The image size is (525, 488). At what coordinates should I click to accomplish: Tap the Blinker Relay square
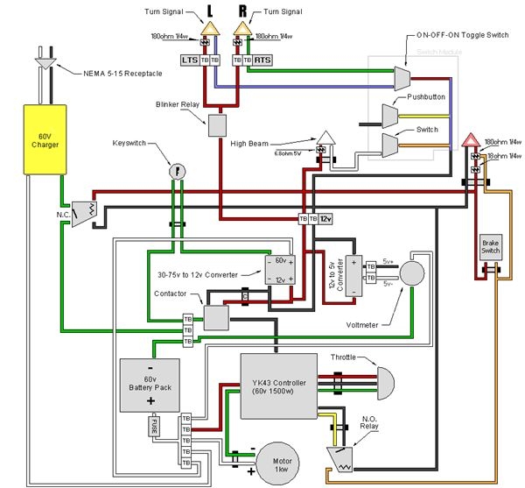216,125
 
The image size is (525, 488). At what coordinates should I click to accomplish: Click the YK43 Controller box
278,385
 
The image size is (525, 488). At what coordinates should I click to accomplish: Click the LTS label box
189,59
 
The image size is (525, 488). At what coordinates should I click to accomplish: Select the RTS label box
263,59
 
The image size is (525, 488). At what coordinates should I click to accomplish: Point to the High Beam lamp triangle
325,138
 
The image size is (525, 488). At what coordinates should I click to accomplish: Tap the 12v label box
325,218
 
